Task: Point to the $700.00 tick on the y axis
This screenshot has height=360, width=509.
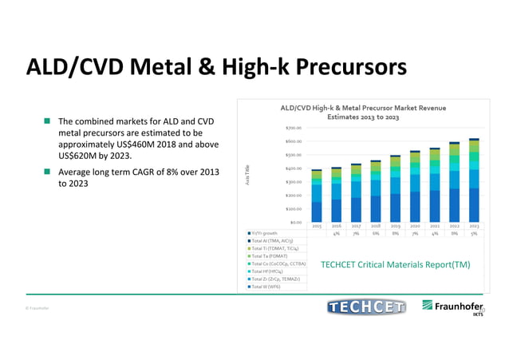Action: (x=293, y=128)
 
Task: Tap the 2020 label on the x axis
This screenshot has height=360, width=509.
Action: (x=415, y=227)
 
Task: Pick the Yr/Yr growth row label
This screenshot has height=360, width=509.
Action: (x=266, y=233)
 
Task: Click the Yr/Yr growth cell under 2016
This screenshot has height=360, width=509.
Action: (x=337, y=233)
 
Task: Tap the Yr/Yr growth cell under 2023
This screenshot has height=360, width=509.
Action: (x=474, y=233)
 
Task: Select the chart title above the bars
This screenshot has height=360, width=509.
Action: (x=363, y=112)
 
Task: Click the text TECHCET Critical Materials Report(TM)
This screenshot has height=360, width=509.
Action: (x=395, y=264)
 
